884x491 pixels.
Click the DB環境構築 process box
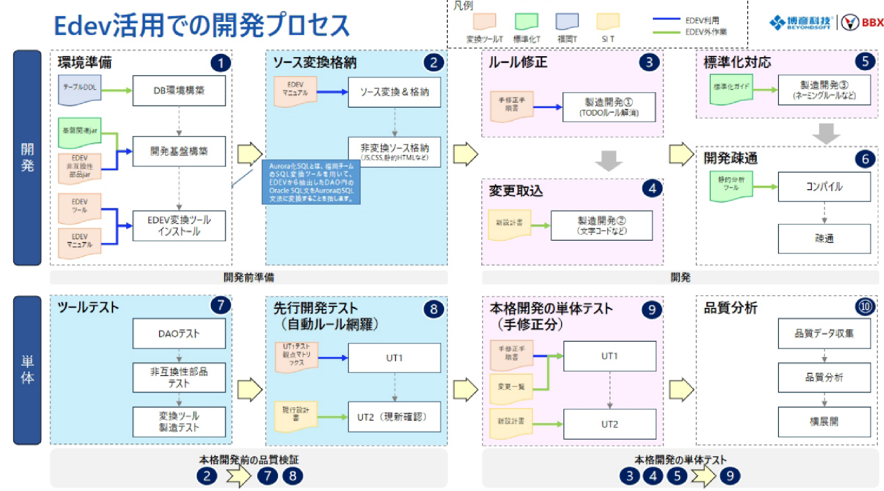[x=179, y=90]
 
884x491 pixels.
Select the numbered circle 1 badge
[x=220, y=63]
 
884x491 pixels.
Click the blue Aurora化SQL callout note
[x=311, y=182]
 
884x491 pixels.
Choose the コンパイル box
[x=824, y=187]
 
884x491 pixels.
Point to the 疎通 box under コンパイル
[x=824, y=238]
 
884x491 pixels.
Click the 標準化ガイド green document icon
[x=731, y=89]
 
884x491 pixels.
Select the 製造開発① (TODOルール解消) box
[x=609, y=107]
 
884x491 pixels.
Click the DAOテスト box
[x=179, y=334]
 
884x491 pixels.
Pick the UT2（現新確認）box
[x=394, y=417]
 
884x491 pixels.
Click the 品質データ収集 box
[x=824, y=334]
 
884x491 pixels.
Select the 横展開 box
[x=824, y=422]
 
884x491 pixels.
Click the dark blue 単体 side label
[x=27, y=370]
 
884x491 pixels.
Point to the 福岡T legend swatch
[x=567, y=22]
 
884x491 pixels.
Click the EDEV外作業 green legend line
[x=666, y=32]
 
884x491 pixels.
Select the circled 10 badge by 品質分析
[x=865, y=307]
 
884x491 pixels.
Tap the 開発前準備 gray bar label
[x=248, y=278]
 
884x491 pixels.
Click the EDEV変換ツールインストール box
[x=179, y=226]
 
